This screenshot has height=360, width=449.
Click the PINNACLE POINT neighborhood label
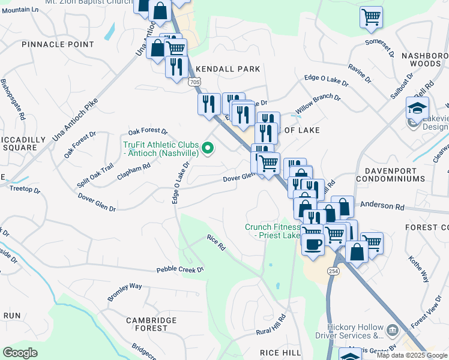coord(58,44)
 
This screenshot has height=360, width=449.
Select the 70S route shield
coord(193,81)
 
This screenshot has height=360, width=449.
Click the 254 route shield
coord(333,271)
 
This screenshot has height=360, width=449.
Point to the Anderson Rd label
coord(382,206)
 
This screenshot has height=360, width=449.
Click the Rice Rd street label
coord(215,242)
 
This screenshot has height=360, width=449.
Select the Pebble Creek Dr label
coord(181,270)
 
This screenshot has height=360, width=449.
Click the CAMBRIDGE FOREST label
coord(147,325)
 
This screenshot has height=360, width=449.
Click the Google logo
coord(20,352)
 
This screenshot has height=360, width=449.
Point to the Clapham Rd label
coord(134,171)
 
